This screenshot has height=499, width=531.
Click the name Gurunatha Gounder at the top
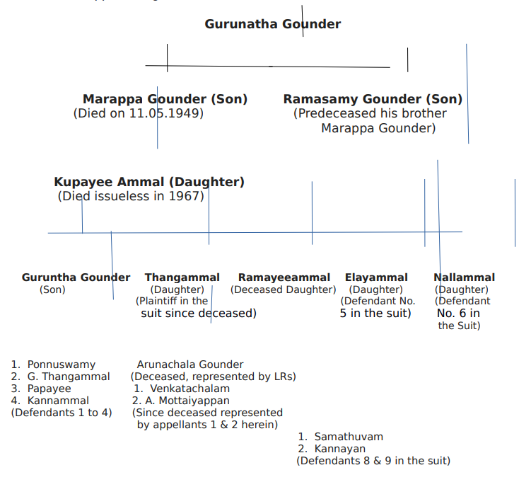tap(272, 24)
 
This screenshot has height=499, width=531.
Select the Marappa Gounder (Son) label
tap(165, 99)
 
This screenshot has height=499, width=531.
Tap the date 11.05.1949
tap(165, 113)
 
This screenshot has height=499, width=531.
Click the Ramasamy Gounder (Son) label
tap(373, 99)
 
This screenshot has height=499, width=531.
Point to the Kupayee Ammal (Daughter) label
tap(149, 182)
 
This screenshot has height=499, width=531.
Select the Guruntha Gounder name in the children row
tap(76, 277)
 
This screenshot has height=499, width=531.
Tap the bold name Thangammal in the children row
tap(182, 277)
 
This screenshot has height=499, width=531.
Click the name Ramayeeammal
tap(284, 277)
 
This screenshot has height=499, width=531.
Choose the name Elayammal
tap(376, 277)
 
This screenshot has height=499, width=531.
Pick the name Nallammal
tap(464, 277)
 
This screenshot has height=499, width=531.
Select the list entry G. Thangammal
tap(68, 377)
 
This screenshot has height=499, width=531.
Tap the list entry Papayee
tap(49, 389)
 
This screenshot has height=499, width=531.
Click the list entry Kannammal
tap(58, 401)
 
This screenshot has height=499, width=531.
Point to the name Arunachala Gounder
tap(190, 365)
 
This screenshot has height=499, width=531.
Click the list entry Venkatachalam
tap(189, 389)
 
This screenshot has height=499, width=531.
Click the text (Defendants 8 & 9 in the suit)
tap(373, 461)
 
